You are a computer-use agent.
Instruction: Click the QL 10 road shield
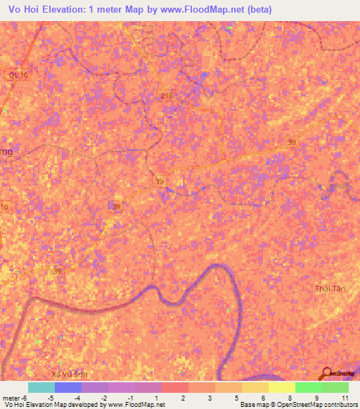15,74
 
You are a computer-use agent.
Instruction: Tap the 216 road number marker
166,96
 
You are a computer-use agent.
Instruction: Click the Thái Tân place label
328,289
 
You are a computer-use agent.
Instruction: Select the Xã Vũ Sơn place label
70,374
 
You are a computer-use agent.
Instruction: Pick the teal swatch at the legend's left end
41,387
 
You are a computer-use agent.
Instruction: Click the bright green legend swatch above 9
308,387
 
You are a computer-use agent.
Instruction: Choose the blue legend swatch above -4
67,387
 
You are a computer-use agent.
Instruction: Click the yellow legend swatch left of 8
281,387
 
